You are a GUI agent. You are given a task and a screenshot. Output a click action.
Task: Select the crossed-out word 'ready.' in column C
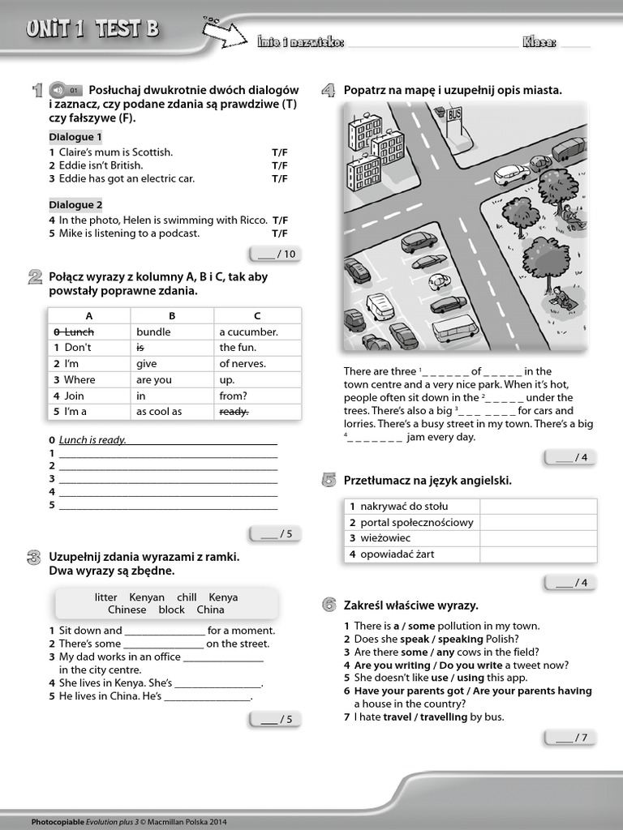[234, 412]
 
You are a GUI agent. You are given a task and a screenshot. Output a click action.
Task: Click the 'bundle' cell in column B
[153, 332]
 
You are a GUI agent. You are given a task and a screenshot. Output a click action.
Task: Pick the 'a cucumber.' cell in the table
[248, 332]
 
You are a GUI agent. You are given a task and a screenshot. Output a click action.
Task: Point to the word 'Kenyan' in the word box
[147, 597]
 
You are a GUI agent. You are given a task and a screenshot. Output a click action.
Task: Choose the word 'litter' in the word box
[106, 597]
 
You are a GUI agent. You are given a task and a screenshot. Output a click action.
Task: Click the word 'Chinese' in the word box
[127, 610]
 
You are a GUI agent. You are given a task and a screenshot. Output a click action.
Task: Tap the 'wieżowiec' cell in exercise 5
[385, 538]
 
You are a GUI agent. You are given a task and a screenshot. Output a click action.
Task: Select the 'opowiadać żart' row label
[397, 554]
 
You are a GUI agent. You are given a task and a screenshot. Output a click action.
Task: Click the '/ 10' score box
[275, 255]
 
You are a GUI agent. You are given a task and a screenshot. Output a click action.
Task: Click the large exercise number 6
[329, 605]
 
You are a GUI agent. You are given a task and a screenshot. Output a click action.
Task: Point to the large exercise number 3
[34, 558]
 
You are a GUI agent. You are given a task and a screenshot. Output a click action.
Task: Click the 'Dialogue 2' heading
[75, 205]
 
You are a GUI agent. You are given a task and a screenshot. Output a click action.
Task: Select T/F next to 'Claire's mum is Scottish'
[280, 152]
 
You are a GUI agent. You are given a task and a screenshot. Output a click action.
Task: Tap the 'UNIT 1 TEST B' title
[92, 30]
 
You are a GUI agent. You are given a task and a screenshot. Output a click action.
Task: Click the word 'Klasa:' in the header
[539, 42]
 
